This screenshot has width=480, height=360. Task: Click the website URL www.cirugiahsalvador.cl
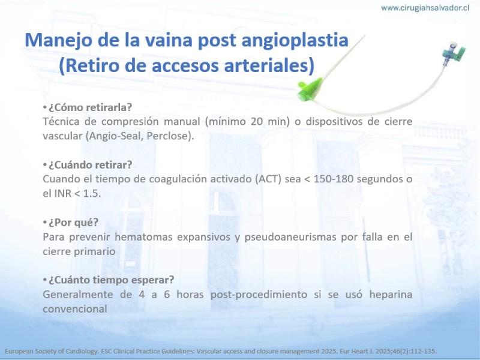tap(425, 8)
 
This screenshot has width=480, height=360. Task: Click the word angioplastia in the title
tap(295, 40)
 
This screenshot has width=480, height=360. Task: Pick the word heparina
tap(391, 295)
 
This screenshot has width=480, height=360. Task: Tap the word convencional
tap(75, 309)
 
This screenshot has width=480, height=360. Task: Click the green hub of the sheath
tap(310, 89)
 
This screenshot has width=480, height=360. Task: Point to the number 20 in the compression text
tap(257, 122)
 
